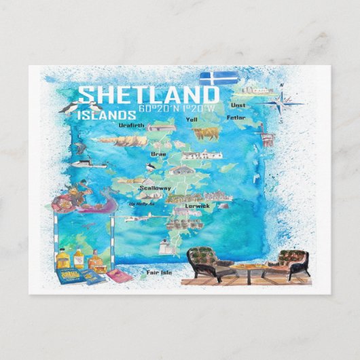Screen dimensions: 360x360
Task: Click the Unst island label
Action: point(238,105)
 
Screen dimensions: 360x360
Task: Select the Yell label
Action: point(191,119)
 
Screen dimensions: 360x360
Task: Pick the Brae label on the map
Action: point(148,154)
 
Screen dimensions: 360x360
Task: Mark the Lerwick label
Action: point(197,205)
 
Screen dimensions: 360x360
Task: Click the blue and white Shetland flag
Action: point(219,78)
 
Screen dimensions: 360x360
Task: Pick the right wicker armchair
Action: point(293,264)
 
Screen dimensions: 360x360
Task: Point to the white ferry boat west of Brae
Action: point(90,163)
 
